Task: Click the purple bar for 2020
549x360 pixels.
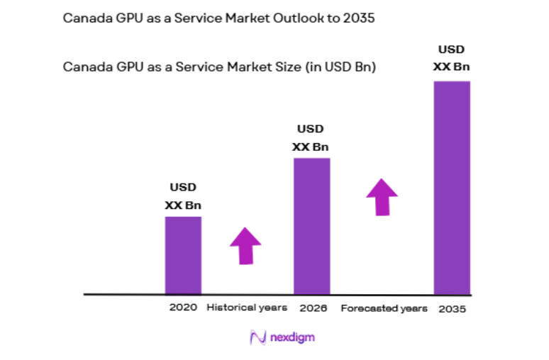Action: [183, 255]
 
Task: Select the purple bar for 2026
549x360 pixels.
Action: [311, 225]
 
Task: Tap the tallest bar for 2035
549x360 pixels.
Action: [452, 187]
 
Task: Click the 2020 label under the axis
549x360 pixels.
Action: [183, 308]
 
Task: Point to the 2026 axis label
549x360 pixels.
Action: [312, 308]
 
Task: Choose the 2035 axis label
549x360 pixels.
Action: [452, 309]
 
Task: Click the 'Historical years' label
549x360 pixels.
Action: [247, 308]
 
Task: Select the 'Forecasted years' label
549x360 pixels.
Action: [384, 309]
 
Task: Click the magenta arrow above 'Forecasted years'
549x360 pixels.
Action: [382, 196]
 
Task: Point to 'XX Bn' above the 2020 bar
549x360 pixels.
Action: [183, 206]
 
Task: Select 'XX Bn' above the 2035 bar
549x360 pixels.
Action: [452, 67]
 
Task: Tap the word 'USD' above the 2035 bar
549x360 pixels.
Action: [452, 50]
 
